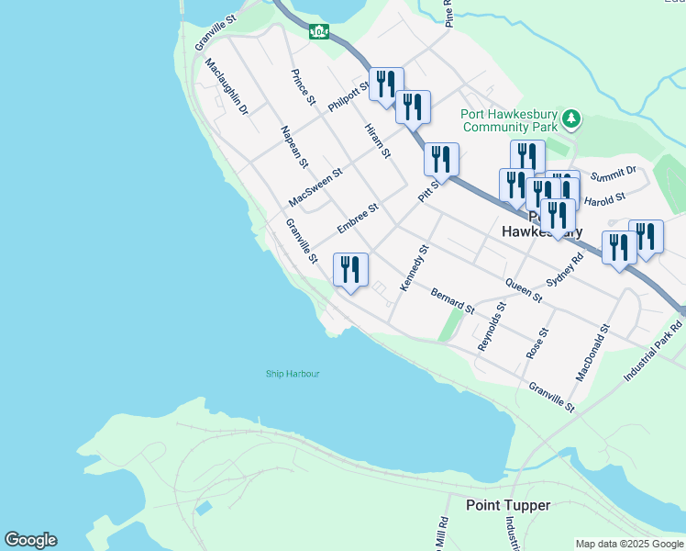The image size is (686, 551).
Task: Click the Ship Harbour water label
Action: click(293, 374)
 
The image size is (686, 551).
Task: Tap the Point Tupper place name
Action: click(507, 505)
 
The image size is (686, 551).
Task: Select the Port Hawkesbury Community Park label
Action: click(510, 121)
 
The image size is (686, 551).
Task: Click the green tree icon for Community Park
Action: click(571, 118)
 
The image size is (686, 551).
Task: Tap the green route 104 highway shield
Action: click(318, 31)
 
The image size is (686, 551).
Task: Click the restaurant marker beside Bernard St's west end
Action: click(350, 271)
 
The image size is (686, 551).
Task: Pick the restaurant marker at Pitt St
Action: click(441, 160)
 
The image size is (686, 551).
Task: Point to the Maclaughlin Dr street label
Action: click(227, 87)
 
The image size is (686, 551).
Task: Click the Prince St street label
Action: click(304, 86)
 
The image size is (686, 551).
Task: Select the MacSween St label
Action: click(315, 186)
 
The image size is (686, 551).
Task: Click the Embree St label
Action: click(358, 219)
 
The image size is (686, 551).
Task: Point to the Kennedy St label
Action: click(415, 268)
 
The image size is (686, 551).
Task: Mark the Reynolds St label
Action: click(492, 326)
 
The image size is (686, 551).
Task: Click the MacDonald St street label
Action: click(592, 353)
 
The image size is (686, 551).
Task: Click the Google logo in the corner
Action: click(30, 540)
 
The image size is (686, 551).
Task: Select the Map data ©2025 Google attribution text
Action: click(628, 544)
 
